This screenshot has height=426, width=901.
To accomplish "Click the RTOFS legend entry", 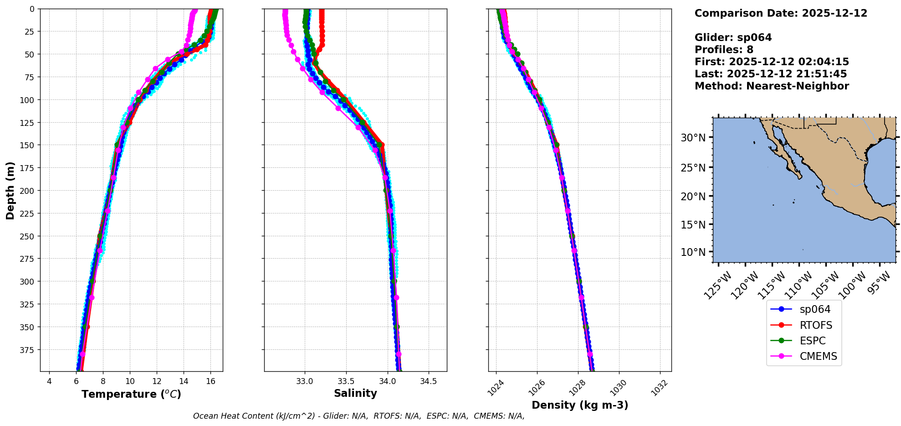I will (x=815, y=325).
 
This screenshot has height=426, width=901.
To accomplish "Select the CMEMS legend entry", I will (x=818, y=356).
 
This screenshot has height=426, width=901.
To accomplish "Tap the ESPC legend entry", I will (x=812, y=341).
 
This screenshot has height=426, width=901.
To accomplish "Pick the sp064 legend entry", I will (x=815, y=309).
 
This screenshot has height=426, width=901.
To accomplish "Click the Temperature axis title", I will (x=131, y=394).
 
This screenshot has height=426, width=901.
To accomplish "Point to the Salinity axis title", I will (x=355, y=393).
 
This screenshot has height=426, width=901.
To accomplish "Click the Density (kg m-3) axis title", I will (x=580, y=405).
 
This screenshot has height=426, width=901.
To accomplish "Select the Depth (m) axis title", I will (x=10, y=190).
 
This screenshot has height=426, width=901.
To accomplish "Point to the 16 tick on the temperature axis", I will (x=210, y=381).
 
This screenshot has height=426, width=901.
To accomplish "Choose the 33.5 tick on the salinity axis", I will (x=346, y=381).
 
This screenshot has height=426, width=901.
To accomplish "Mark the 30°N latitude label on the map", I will (x=693, y=138).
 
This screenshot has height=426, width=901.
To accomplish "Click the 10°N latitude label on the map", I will (x=693, y=252).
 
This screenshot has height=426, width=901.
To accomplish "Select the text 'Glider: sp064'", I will (x=733, y=37).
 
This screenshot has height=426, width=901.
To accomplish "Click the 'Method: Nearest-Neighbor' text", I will (x=772, y=86).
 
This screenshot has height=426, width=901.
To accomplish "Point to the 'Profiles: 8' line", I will (x=724, y=50).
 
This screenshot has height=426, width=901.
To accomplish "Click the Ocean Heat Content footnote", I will (x=358, y=416).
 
